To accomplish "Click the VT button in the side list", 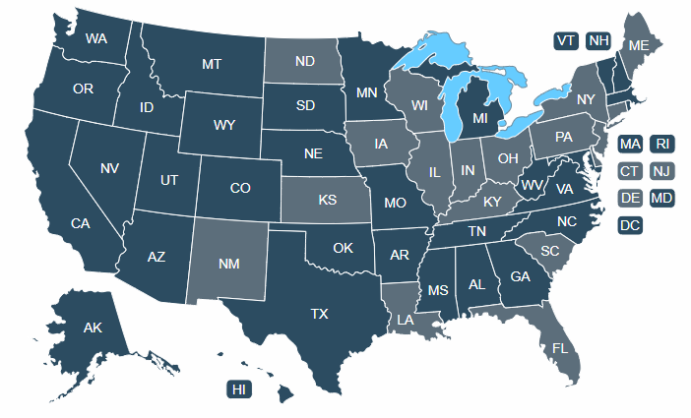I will pos(565,40).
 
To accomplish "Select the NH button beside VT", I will pos(597,40).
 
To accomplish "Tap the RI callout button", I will pos(661,145).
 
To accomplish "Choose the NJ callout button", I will pos(661,171).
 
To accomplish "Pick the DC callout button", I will pos(630,225).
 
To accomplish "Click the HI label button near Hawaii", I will pos(238,389).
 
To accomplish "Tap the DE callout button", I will pos(630,198).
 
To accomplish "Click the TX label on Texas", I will pos(319,315).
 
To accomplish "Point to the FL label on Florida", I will pos(560,348).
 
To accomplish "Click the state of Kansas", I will pos(328,201).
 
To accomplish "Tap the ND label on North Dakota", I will pos(305,62).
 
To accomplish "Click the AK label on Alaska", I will pos(93,327).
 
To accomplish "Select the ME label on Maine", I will pos(639,45).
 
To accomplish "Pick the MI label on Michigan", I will pos(480,119).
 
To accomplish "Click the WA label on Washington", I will pos(96,38).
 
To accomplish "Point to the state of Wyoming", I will pos(223,125).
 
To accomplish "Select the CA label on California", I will pos(81,223).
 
